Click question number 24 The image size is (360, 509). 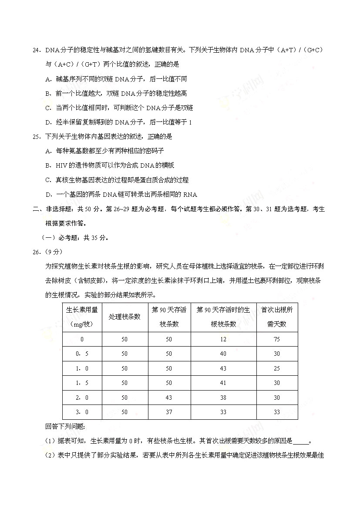36,50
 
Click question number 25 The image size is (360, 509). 36,136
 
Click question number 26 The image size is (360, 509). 36,252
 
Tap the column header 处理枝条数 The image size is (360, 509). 125,317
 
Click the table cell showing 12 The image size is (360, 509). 223,340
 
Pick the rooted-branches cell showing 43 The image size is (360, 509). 223,368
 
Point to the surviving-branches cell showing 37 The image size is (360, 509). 169,412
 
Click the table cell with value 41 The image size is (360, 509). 223,383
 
